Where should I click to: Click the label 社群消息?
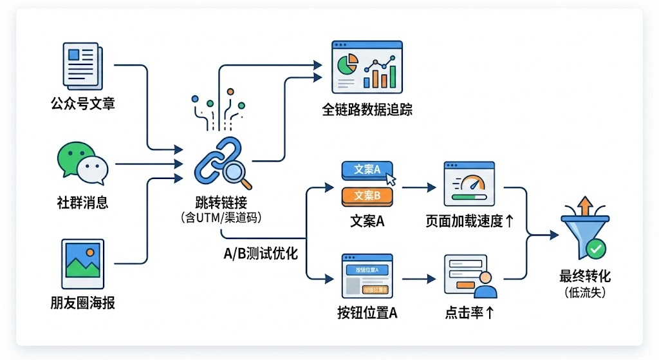pyautogui.click(x=82, y=204)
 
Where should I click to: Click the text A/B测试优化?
pyautogui.click(x=260, y=253)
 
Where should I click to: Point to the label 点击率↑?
pyautogui.click(x=470, y=314)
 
